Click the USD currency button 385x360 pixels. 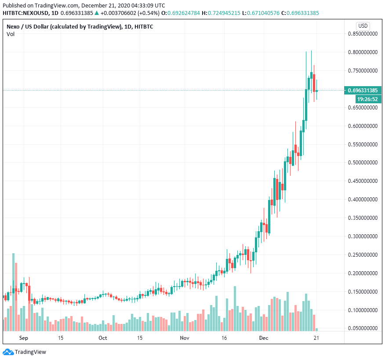(363, 25)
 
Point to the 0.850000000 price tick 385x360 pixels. (363, 34)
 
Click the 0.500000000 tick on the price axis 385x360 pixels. (363, 163)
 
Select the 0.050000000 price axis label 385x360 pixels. (363, 328)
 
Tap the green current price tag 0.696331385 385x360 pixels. (363, 91)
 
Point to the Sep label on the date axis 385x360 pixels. (24, 338)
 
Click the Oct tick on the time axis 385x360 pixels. (103, 338)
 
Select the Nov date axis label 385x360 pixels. (184, 338)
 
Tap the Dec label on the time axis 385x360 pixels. (264, 338)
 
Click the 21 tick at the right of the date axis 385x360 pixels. (316, 338)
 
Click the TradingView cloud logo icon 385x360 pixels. (8, 352)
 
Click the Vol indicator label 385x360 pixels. (10, 34)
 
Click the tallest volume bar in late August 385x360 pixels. (13, 291)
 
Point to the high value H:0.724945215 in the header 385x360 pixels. (224, 13)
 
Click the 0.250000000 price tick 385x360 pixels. (363, 255)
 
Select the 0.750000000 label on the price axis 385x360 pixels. (363, 71)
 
